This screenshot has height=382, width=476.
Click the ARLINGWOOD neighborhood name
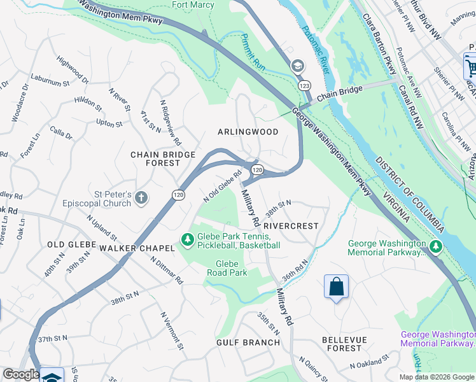[x=248, y=132]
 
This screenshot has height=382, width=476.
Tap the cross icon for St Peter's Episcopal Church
[x=141, y=198]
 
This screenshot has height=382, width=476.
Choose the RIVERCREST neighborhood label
[x=290, y=225]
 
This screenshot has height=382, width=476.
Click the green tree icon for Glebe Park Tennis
[x=187, y=240]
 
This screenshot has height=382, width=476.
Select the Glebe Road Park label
[x=227, y=268]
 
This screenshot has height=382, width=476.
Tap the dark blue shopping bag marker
[x=336, y=287]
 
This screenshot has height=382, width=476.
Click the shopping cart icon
[x=470, y=67]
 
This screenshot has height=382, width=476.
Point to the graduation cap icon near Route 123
[x=298, y=66]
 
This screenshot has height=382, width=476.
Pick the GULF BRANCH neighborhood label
[x=248, y=343]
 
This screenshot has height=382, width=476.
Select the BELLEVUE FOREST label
[x=342, y=344]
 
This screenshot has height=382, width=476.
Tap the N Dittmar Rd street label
[x=167, y=271]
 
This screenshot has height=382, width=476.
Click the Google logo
[x=21, y=375]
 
